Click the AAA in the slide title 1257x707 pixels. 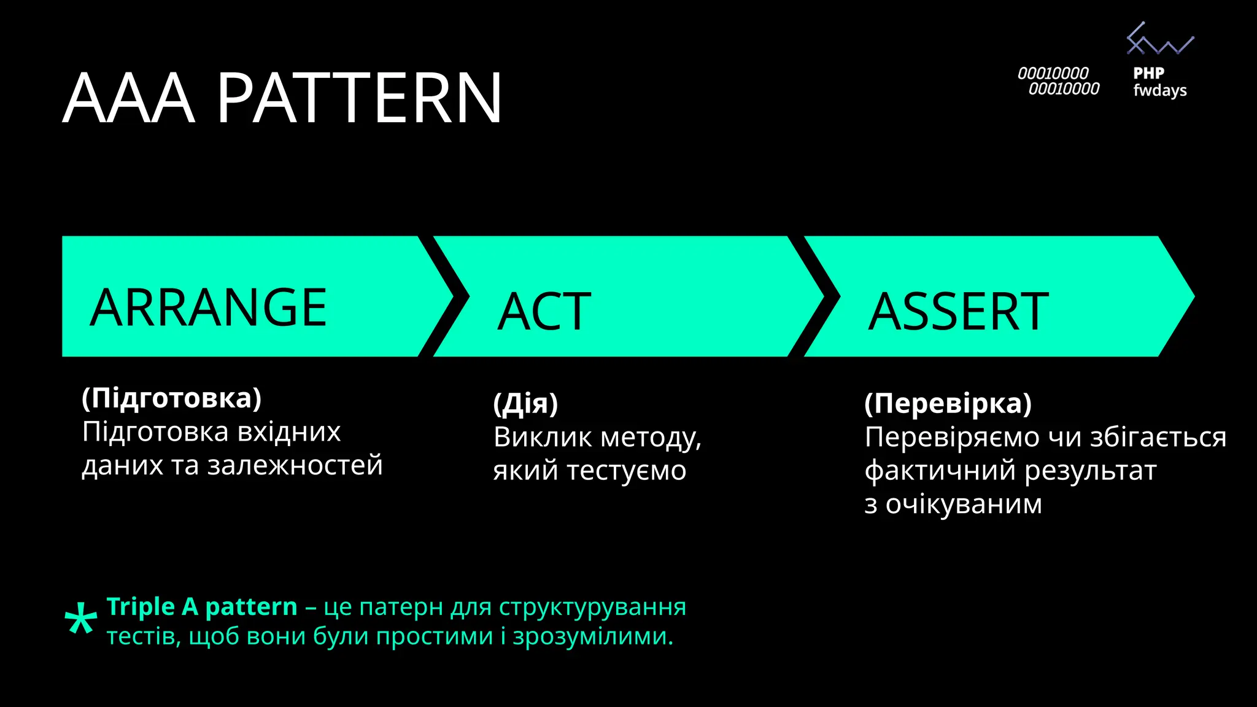(x=129, y=98)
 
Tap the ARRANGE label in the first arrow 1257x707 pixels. (x=209, y=307)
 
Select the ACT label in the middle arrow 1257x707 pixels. (x=544, y=312)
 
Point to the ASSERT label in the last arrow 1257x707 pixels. (x=958, y=312)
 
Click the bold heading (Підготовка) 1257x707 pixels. (x=172, y=398)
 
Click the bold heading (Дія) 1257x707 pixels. (x=525, y=404)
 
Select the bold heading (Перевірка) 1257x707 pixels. (x=948, y=404)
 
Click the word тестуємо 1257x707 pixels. (x=626, y=471)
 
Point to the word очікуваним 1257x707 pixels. (x=964, y=504)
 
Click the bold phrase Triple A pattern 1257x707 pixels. (x=202, y=607)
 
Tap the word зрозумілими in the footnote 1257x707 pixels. (x=592, y=636)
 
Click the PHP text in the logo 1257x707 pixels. (x=1148, y=73)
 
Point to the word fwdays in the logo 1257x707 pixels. (x=1159, y=91)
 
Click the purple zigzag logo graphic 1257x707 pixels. (x=1159, y=40)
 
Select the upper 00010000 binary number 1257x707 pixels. (x=1053, y=74)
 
